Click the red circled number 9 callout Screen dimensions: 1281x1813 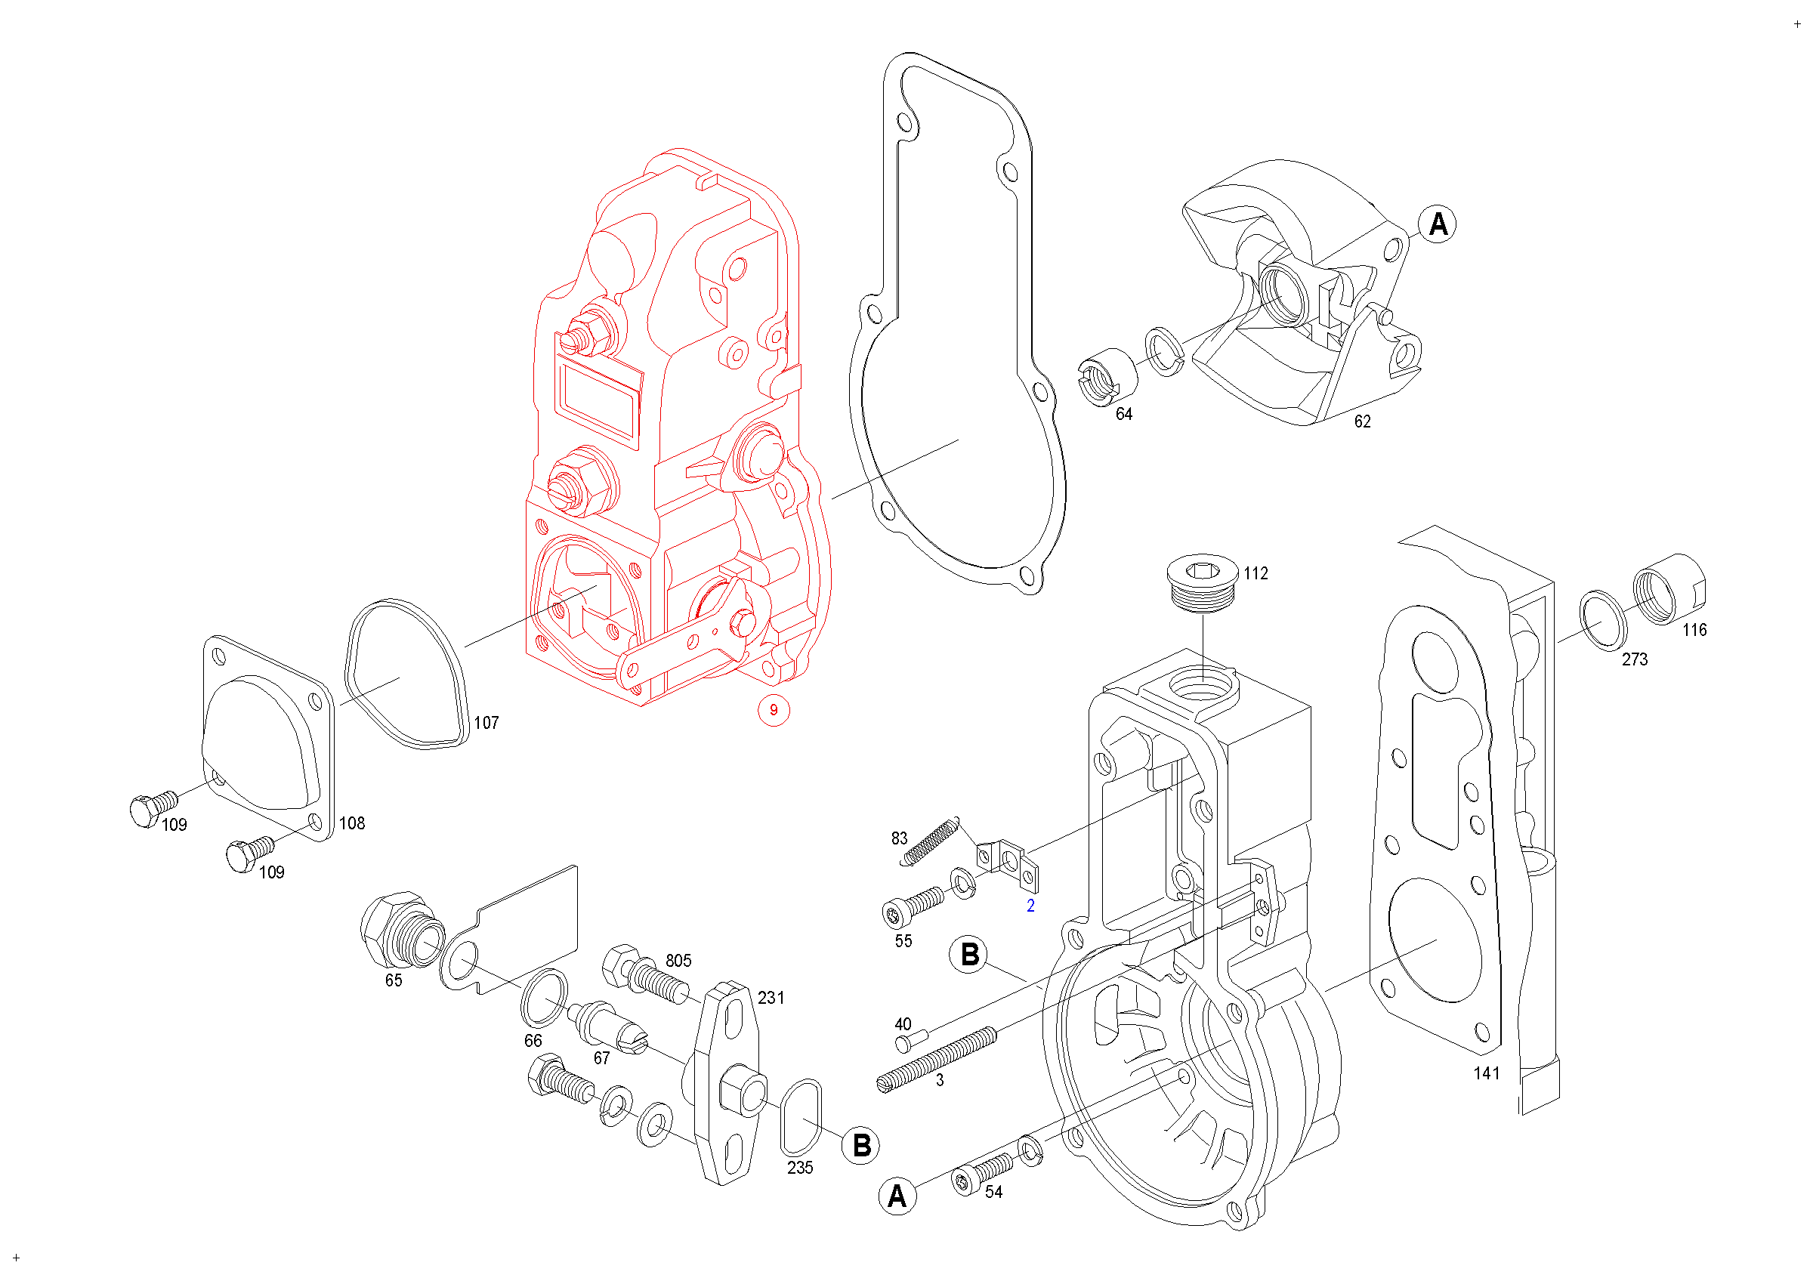(773, 709)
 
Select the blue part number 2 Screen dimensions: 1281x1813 (1030, 906)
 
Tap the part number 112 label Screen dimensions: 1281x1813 (1256, 574)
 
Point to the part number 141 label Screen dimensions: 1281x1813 (1486, 1073)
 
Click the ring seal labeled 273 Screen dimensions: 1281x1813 (1603, 619)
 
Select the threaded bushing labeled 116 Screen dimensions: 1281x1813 (1669, 589)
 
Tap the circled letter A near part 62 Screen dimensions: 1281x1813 (1438, 224)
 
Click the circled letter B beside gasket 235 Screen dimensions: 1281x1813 (861, 1145)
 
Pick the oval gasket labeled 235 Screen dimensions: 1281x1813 (801, 1118)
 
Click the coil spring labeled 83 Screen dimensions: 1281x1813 (931, 841)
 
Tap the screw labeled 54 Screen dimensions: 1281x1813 (982, 1172)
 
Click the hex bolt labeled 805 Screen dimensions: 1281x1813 (645, 976)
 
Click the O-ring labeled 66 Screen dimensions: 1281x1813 (544, 998)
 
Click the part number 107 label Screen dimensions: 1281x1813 (486, 723)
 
